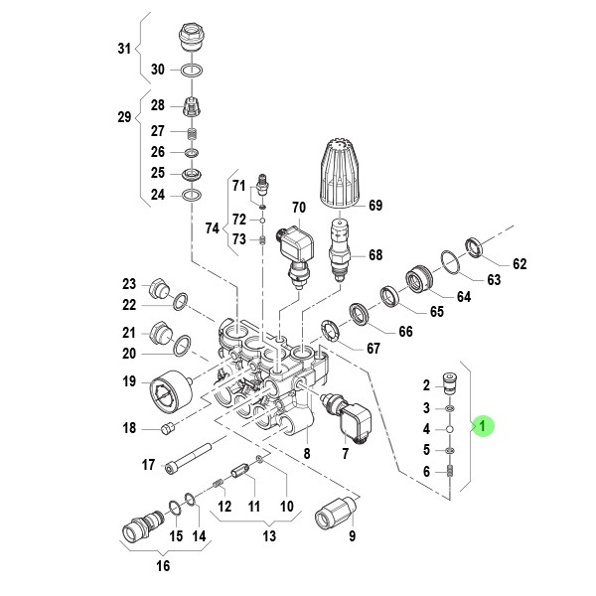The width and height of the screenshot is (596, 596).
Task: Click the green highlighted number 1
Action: point(483,426)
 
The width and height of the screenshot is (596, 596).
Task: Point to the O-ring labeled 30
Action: point(192,71)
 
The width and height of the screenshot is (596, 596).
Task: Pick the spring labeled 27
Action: point(193,133)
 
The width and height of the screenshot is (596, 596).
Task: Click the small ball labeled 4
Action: point(450,429)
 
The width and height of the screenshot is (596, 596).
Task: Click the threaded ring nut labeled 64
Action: point(418,278)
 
